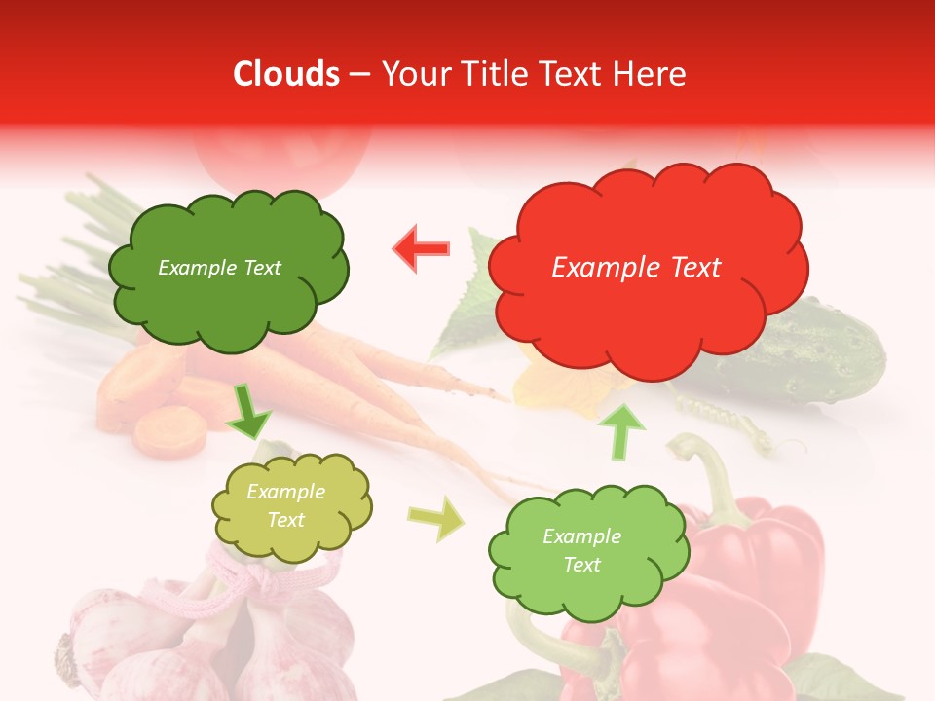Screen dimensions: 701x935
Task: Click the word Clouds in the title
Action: tap(286, 74)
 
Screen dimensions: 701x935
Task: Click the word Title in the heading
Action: tap(495, 74)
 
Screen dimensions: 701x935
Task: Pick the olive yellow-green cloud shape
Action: tap(291, 506)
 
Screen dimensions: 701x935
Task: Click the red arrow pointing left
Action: tap(422, 248)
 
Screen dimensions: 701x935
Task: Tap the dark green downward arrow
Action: tap(249, 413)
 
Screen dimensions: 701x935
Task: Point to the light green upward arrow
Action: tap(626, 431)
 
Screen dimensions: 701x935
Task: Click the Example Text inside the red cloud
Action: tap(636, 268)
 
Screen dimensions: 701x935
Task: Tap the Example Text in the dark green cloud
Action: tap(219, 268)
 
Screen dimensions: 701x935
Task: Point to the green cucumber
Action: tap(818, 360)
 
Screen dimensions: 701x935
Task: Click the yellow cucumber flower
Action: tap(545, 389)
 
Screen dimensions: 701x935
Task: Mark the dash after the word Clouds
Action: tap(358, 75)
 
